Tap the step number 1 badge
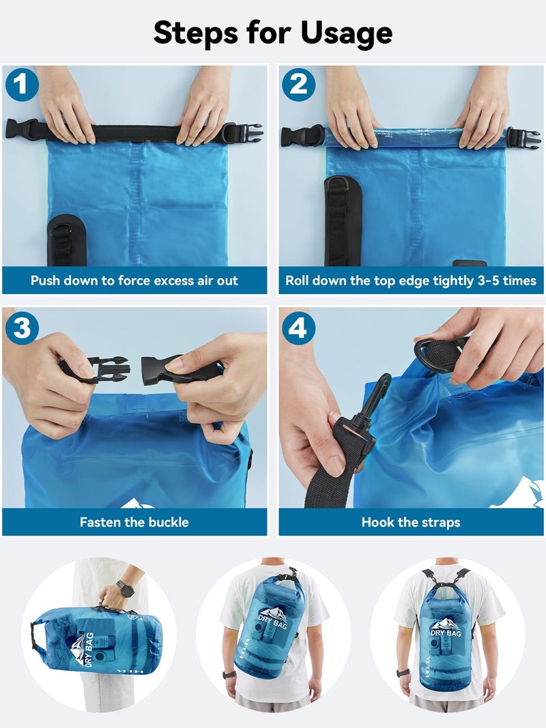point(21,85)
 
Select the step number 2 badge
point(298,85)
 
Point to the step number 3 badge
point(21,328)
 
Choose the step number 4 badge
point(298,328)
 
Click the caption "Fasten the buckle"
point(134,523)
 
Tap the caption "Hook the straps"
point(411,523)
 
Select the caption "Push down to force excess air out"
point(134,280)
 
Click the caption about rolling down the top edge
point(411,280)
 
